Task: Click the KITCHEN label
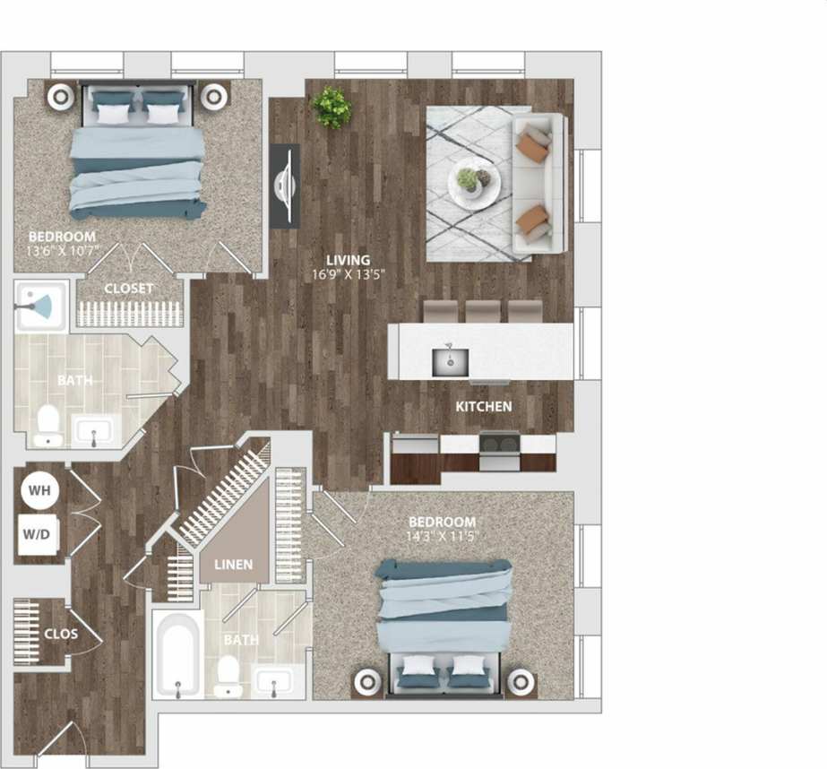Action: pyautogui.click(x=484, y=407)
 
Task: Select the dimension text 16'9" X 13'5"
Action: pyautogui.click(x=349, y=275)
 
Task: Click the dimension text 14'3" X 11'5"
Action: pyautogui.click(x=442, y=537)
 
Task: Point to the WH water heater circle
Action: pyautogui.click(x=39, y=491)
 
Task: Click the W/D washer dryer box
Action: pyautogui.click(x=39, y=535)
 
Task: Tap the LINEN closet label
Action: pyautogui.click(x=232, y=566)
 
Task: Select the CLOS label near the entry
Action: pyautogui.click(x=60, y=634)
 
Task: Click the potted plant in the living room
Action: pyautogui.click(x=330, y=107)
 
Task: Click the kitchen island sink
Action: pyautogui.click(x=451, y=361)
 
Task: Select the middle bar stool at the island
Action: pyautogui.click(x=483, y=311)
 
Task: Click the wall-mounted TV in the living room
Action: pyautogui.click(x=286, y=185)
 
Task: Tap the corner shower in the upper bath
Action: pyautogui.click(x=39, y=307)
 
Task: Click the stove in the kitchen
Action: pyautogui.click(x=498, y=451)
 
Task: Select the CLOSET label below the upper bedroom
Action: pyautogui.click(x=129, y=289)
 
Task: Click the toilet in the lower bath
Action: pyautogui.click(x=229, y=676)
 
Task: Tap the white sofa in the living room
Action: pyautogui.click(x=541, y=183)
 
